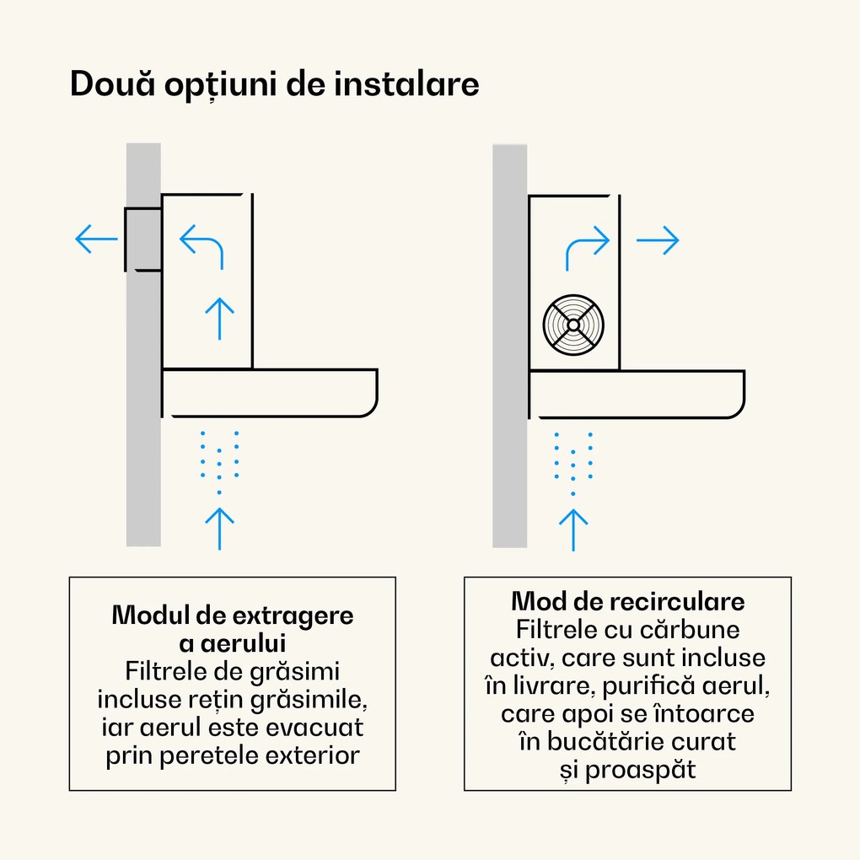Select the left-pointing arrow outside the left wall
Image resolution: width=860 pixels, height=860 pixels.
point(96,239)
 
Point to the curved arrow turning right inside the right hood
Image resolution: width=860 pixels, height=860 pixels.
point(587,248)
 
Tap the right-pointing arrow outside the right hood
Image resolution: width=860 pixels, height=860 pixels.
point(657,241)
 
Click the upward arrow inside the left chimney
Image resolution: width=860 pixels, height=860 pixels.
point(220,318)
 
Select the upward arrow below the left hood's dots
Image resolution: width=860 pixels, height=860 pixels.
point(220,529)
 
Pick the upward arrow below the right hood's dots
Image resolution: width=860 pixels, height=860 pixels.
point(573,529)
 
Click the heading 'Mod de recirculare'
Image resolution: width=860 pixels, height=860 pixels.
point(627,602)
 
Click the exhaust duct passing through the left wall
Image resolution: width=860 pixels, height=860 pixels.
point(142,239)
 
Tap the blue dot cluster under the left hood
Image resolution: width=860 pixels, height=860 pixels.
point(219,460)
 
